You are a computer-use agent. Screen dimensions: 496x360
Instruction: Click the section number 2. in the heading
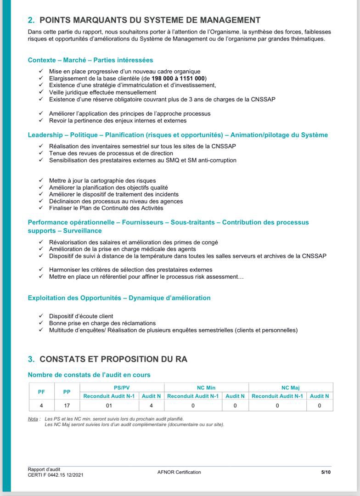(x=31, y=20)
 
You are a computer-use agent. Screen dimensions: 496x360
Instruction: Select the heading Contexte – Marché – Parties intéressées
(x=90, y=60)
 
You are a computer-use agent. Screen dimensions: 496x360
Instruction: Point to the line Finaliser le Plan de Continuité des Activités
(x=106, y=208)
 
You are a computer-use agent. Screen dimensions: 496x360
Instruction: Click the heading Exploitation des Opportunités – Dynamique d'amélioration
(x=119, y=298)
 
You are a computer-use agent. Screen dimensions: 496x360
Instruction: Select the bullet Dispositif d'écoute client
(x=81, y=316)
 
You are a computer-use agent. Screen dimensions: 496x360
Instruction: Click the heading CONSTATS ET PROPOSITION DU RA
(x=113, y=359)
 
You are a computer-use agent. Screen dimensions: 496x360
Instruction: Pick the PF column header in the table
(x=41, y=392)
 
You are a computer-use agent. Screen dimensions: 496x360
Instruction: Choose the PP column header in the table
(x=67, y=392)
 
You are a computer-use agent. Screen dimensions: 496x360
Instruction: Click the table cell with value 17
(x=67, y=406)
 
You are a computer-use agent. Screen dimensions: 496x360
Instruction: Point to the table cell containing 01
(x=109, y=406)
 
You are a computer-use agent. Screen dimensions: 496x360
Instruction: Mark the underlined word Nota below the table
(x=33, y=419)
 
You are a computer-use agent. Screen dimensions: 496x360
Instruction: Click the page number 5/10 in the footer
(x=326, y=472)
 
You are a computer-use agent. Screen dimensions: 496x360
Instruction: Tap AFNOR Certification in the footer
(x=179, y=472)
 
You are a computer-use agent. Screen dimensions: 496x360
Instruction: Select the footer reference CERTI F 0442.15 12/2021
(x=56, y=475)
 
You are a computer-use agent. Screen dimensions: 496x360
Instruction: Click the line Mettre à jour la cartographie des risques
(x=102, y=180)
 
